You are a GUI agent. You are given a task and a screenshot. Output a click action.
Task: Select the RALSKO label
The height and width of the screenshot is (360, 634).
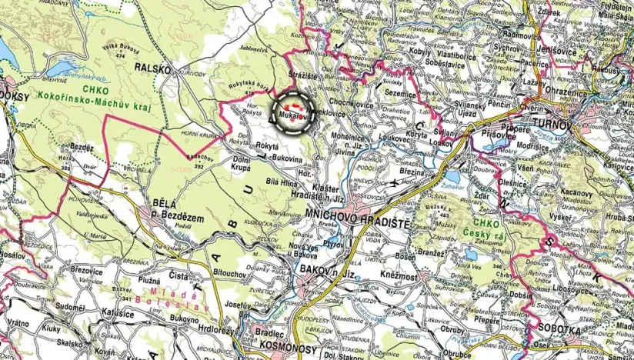151,68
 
